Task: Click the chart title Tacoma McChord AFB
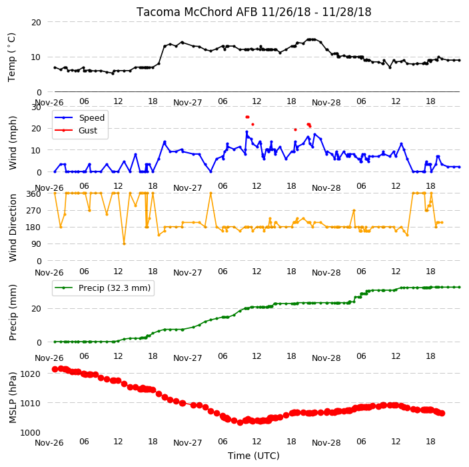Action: click(197, 12)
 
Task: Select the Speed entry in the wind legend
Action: click(91, 117)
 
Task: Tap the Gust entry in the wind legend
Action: click(88, 131)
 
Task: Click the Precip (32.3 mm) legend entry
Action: click(115, 288)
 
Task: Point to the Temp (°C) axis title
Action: click(11, 57)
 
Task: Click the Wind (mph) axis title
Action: click(13, 143)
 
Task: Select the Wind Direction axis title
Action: click(13, 228)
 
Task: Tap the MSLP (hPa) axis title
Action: click(13, 398)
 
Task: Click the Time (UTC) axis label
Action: click(254, 456)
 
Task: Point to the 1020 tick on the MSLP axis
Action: click(30, 374)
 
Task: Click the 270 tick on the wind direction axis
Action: click(34, 211)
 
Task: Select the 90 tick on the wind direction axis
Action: click(36, 244)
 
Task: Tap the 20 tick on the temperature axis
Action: click(36, 23)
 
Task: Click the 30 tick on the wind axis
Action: click(36, 107)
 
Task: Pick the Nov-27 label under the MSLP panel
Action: click(188, 443)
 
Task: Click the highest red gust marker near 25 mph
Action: click(247, 117)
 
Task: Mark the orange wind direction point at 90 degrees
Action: click(124, 244)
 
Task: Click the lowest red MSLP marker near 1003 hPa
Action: click(240, 423)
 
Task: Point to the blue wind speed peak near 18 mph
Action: click(246, 132)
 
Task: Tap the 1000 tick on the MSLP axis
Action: click(30, 433)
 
